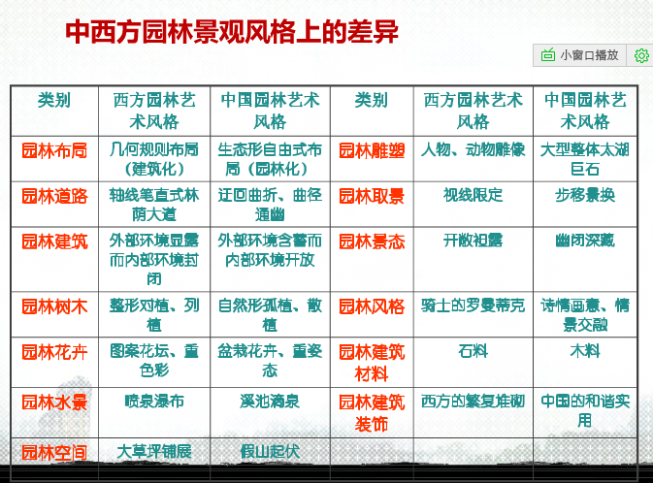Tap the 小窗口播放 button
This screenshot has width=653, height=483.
click(x=580, y=55)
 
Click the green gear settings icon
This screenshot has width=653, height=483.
click(x=641, y=55)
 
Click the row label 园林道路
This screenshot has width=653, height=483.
click(x=54, y=196)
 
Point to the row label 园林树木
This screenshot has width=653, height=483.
click(x=54, y=306)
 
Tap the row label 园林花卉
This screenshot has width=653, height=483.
click(x=54, y=352)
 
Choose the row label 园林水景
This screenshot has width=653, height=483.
click(x=54, y=402)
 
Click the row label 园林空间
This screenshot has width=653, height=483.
click(x=54, y=452)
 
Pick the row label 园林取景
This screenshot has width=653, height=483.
click(x=372, y=196)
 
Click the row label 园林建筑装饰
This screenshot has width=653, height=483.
click(x=372, y=411)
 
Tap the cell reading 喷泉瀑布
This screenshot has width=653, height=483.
click(x=154, y=401)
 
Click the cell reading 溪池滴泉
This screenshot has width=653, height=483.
click(x=270, y=401)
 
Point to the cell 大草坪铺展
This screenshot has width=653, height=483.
click(x=154, y=451)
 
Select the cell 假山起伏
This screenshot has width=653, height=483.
click(x=270, y=451)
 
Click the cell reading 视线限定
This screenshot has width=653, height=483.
click(x=473, y=195)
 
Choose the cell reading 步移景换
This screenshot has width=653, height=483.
click(x=585, y=195)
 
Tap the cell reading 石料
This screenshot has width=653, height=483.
click(x=473, y=351)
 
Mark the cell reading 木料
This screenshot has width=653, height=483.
click(x=585, y=351)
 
